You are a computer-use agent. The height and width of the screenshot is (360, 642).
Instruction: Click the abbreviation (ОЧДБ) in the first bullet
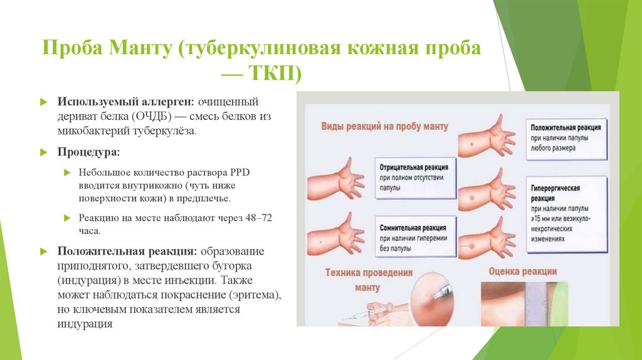(151, 116)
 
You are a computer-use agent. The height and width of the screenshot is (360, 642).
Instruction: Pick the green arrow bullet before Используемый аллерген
(43, 102)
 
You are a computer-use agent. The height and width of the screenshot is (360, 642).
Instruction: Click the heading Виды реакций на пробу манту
(384, 127)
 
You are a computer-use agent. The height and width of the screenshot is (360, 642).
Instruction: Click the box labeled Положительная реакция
(567, 137)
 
